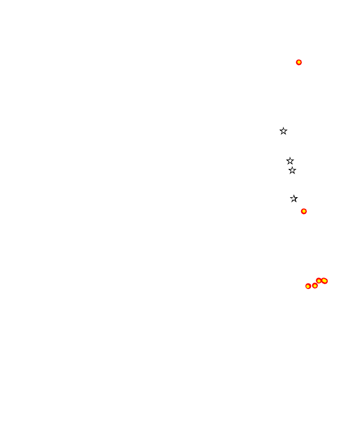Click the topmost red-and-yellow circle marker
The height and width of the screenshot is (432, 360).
click(299, 62)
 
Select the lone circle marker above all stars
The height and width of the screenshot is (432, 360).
click(299, 62)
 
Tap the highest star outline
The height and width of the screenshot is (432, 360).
click(284, 131)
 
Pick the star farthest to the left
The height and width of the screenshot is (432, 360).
click(284, 131)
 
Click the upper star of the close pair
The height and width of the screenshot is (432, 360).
click(290, 161)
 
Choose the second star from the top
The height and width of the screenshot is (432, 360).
click(290, 161)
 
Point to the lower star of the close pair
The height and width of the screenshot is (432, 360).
click(292, 171)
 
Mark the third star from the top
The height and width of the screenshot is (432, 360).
click(292, 171)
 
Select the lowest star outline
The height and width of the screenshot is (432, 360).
click(294, 198)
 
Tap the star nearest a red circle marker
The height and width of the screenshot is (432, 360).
click(294, 198)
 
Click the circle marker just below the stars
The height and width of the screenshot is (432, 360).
click(304, 211)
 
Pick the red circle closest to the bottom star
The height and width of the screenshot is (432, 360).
click(304, 211)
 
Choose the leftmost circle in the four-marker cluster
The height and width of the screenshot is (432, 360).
click(308, 286)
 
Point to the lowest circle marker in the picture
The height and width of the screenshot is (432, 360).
click(308, 286)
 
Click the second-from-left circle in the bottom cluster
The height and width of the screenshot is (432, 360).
click(315, 286)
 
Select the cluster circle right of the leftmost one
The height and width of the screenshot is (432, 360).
click(315, 286)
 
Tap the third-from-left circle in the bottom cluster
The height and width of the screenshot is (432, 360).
click(319, 281)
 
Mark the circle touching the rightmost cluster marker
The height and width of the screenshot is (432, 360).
click(319, 281)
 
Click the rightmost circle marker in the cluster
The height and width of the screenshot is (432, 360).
click(325, 281)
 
